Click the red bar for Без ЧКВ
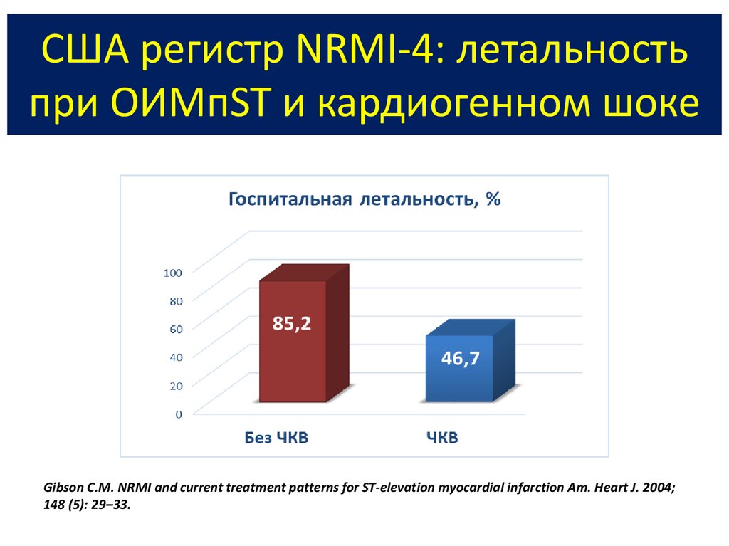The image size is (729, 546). tap(293, 356)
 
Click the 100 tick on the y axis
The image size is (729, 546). tap(174, 272)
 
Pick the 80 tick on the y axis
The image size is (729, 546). tap(176, 300)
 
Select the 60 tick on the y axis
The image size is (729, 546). tap(176, 328)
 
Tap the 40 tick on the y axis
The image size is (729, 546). tap(176, 357)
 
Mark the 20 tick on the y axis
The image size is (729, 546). tap(176, 385)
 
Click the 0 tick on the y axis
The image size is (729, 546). tap(179, 414)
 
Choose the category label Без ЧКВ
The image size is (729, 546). tap(273, 438)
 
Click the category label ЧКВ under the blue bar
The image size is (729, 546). tap(442, 438)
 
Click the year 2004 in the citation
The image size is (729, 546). tap(654, 488)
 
